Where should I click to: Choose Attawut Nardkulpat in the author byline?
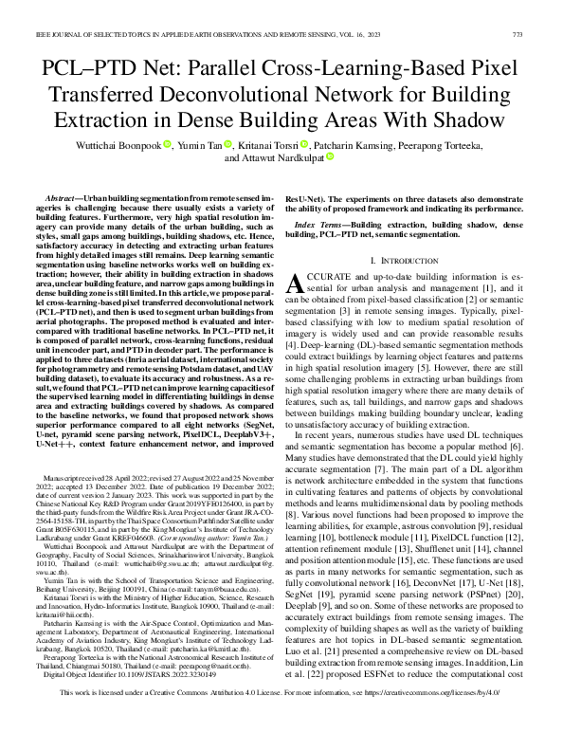click(285, 158)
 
